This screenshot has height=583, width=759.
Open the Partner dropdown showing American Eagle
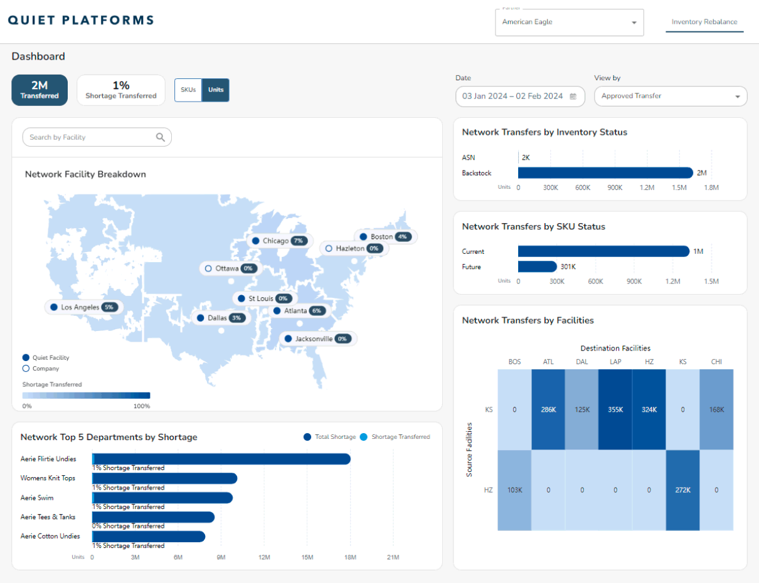(569, 23)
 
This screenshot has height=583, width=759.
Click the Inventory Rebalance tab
(704, 22)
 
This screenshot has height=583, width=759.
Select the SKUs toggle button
(188, 90)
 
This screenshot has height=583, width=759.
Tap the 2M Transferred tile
(40, 90)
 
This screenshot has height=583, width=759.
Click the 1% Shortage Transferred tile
(121, 90)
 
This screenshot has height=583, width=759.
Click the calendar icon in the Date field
(573, 97)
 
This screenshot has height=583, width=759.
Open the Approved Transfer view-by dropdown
(670, 97)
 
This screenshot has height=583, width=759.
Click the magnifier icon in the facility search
(161, 137)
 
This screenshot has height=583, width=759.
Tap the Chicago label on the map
(275, 241)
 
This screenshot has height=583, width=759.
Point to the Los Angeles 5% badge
(109, 307)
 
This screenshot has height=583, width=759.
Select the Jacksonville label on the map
(314, 339)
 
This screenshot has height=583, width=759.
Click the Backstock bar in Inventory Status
(605, 173)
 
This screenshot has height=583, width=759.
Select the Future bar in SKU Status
(537, 266)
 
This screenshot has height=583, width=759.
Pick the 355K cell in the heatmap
(615, 409)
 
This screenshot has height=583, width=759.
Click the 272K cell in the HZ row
(682, 490)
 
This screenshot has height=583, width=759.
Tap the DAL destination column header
(581, 362)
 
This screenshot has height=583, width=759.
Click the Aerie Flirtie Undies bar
(221, 459)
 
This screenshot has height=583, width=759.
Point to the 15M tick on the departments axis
(307, 557)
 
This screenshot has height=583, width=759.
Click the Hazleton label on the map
(349, 248)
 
